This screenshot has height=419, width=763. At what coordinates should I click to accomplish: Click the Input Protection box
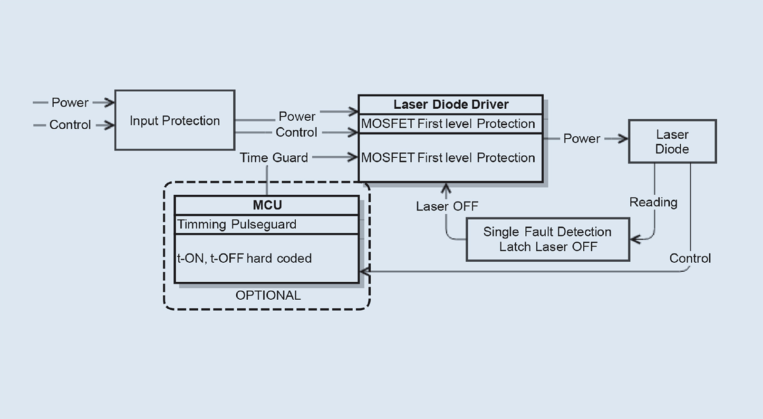tap(174, 121)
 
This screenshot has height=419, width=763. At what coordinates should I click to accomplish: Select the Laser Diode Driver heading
tap(451, 105)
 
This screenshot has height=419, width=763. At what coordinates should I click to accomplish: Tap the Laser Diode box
tap(672, 142)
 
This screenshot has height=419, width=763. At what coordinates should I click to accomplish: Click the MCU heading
tap(267, 205)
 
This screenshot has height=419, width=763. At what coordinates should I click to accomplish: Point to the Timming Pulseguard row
tap(237, 224)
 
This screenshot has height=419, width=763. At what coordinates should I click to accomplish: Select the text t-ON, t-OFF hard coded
tap(244, 258)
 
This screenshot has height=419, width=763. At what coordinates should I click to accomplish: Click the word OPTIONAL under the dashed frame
tap(268, 295)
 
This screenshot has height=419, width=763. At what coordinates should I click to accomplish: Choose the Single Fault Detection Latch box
tap(548, 239)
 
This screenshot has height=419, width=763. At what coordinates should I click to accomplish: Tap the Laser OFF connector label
tap(447, 206)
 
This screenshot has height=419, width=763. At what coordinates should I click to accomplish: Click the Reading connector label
tap(653, 202)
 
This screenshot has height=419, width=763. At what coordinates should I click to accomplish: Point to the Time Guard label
tap(274, 158)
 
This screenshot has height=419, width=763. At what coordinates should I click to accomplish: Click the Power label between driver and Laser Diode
tap(581, 139)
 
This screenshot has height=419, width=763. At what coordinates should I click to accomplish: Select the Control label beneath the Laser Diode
tap(690, 258)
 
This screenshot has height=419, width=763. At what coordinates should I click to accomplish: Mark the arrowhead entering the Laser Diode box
tap(624, 139)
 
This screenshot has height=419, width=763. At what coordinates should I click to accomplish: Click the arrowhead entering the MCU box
tap(364, 272)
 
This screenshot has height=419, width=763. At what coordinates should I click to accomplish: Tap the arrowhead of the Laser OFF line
tap(446, 188)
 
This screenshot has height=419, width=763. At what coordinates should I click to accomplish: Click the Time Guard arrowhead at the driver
tap(353, 157)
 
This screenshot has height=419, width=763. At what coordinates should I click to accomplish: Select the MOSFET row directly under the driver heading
tap(448, 124)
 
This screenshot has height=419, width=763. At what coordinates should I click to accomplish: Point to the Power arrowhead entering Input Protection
tap(110, 102)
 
